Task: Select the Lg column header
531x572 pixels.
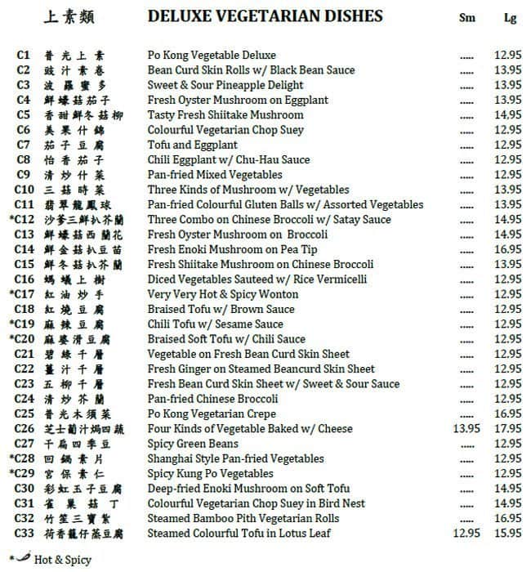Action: point(510,18)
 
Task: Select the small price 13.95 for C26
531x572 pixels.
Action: point(466,429)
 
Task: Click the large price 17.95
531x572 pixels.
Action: point(508,429)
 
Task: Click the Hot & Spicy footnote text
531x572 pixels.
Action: point(63,561)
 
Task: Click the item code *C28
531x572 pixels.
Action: point(21,459)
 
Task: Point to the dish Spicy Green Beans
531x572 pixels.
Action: point(193,444)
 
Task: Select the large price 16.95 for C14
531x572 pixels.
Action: point(508,250)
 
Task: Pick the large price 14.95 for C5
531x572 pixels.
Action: point(508,115)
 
